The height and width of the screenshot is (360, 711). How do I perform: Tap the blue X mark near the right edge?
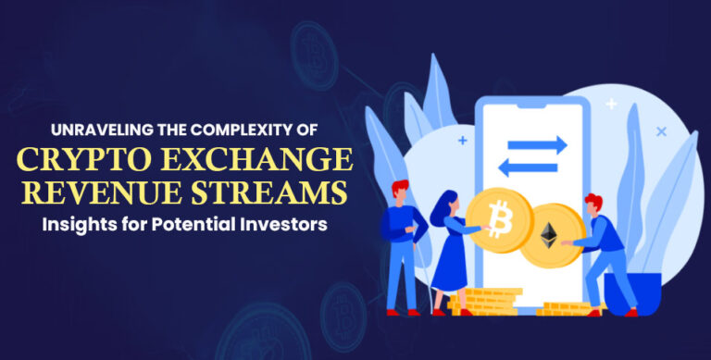(660, 131)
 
